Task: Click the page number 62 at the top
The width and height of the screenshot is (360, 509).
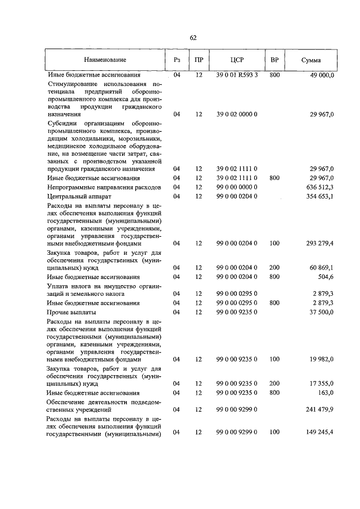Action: click(x=193, y=38)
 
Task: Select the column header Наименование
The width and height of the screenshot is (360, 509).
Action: click(x=105, y=59)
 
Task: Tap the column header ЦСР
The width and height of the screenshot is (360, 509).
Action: click(x=237, y=59)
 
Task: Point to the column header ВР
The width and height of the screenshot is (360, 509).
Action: click(x=274, y=59)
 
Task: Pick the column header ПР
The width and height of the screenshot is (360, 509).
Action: click(x=199, y=59)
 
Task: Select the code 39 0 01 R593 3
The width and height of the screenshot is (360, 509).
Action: click(x=237, y=75)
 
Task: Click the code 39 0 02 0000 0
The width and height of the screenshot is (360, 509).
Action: click(x=237, y=114)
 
